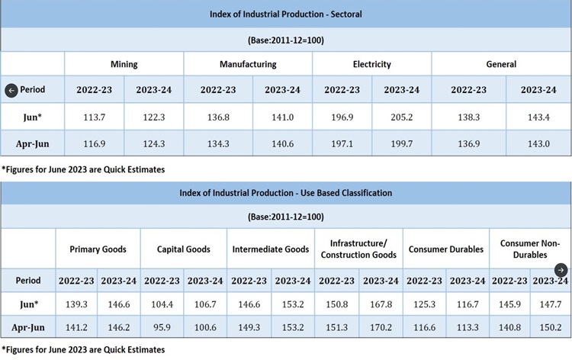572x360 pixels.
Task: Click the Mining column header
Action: [124, 64]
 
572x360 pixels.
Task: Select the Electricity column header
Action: [372, 64]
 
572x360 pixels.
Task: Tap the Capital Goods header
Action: [184, 249]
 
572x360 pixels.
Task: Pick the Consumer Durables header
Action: [445, 249]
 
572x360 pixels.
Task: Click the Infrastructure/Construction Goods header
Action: [358, 249]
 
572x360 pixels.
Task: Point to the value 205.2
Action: [402, 116]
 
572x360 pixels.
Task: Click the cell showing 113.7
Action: [94, 116]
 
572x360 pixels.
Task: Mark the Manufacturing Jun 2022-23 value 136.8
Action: [218, 116]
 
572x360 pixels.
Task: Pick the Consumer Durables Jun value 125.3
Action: [424, 304]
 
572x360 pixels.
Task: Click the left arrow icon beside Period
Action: [11, 90]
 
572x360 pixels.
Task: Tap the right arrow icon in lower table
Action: [561, 270]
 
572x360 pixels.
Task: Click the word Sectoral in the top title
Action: [342, 14]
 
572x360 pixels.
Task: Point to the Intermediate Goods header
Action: [272, 249]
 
